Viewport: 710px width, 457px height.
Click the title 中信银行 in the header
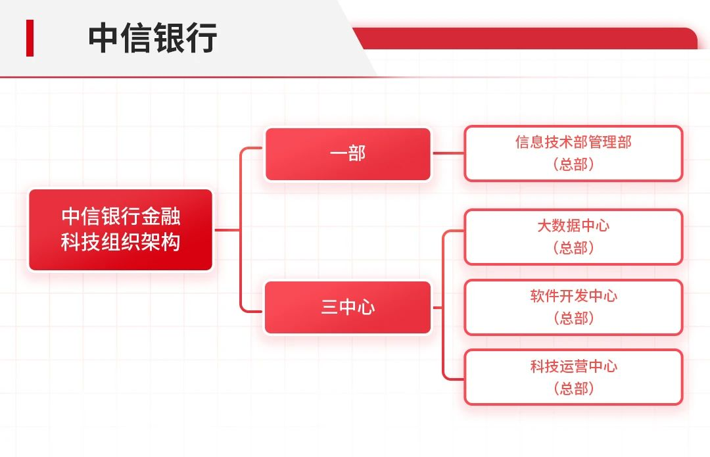[153, 38]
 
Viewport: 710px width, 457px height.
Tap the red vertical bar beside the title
[30, 38]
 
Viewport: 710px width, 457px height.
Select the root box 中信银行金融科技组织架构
[120, 229]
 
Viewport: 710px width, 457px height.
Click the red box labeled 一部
[348, 154]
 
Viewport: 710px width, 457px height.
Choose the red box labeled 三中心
[348, 307]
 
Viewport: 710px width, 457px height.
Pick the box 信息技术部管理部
[573, 153]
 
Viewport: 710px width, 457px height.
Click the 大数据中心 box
[573, 237]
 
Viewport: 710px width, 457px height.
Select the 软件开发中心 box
[573, 307]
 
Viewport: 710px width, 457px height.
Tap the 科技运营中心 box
[573, 377]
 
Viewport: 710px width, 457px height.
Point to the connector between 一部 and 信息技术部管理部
[448, 153]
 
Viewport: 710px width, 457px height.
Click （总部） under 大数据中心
[573, 248]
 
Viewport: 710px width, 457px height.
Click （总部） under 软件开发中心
[573, 318]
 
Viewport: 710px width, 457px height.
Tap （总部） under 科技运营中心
[573, 388]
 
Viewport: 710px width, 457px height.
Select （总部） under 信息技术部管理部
[573, 164]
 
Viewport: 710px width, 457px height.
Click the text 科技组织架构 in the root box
[120, 243]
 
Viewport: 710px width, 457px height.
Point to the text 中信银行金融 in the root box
[120, 216]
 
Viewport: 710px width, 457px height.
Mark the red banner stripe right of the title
[526, 39]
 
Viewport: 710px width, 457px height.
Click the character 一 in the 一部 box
[338, 154]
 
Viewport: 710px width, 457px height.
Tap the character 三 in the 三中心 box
[329, 307]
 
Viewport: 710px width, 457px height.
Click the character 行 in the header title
[202, 38]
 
